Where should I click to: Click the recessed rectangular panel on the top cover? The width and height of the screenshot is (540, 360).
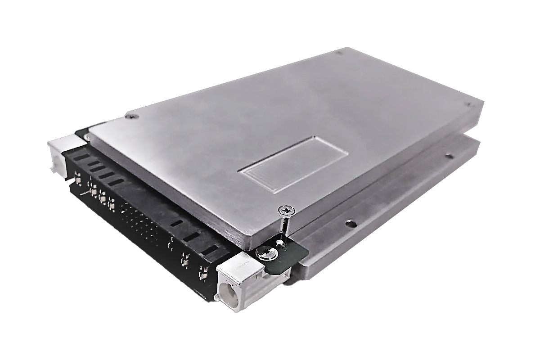coord(292,164)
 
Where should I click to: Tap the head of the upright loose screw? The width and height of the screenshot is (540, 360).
coord(286,210)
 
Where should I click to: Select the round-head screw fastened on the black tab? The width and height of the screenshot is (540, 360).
coord(265,255)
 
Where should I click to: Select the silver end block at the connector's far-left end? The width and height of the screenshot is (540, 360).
coord(61,153)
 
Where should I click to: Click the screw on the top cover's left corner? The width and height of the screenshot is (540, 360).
coord(131,117)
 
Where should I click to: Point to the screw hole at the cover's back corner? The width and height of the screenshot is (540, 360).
coord(338,53)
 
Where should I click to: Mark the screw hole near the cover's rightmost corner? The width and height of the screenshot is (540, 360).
coord(468,105)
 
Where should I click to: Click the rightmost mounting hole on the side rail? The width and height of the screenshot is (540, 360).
coord(448,157)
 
